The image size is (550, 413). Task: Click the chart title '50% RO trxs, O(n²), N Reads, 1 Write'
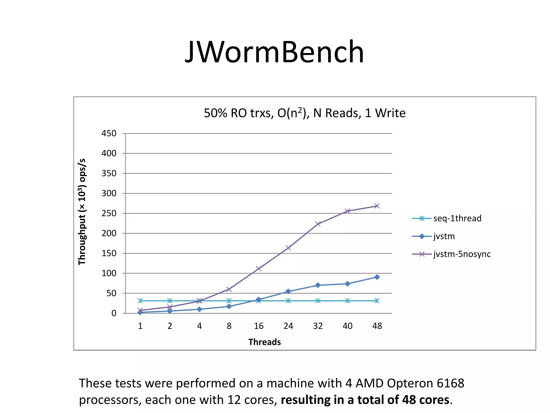point(304,113)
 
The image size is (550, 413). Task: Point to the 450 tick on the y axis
point(109,133)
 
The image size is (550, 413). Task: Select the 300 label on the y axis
point(109,193)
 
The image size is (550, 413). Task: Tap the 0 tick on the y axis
point(114,313)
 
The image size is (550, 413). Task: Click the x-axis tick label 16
point(259,326)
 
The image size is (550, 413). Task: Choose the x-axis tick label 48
point(377,326)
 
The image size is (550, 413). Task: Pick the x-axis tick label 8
point(229,326)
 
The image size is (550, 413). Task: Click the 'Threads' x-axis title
point(265,342)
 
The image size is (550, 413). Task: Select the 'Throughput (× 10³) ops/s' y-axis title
point(82,212)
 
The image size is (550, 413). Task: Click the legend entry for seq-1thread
point(457,218)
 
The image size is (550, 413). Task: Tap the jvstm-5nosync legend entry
point(462,254)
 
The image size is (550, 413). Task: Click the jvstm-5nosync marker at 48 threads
point(377,206)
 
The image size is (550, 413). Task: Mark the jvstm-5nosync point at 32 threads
point(318,224)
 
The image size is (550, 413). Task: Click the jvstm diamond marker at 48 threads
point(377,277)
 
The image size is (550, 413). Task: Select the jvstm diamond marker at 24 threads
point(288,291)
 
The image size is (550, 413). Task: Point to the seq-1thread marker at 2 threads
point(170,301)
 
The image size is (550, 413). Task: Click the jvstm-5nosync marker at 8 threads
point(229,289)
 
